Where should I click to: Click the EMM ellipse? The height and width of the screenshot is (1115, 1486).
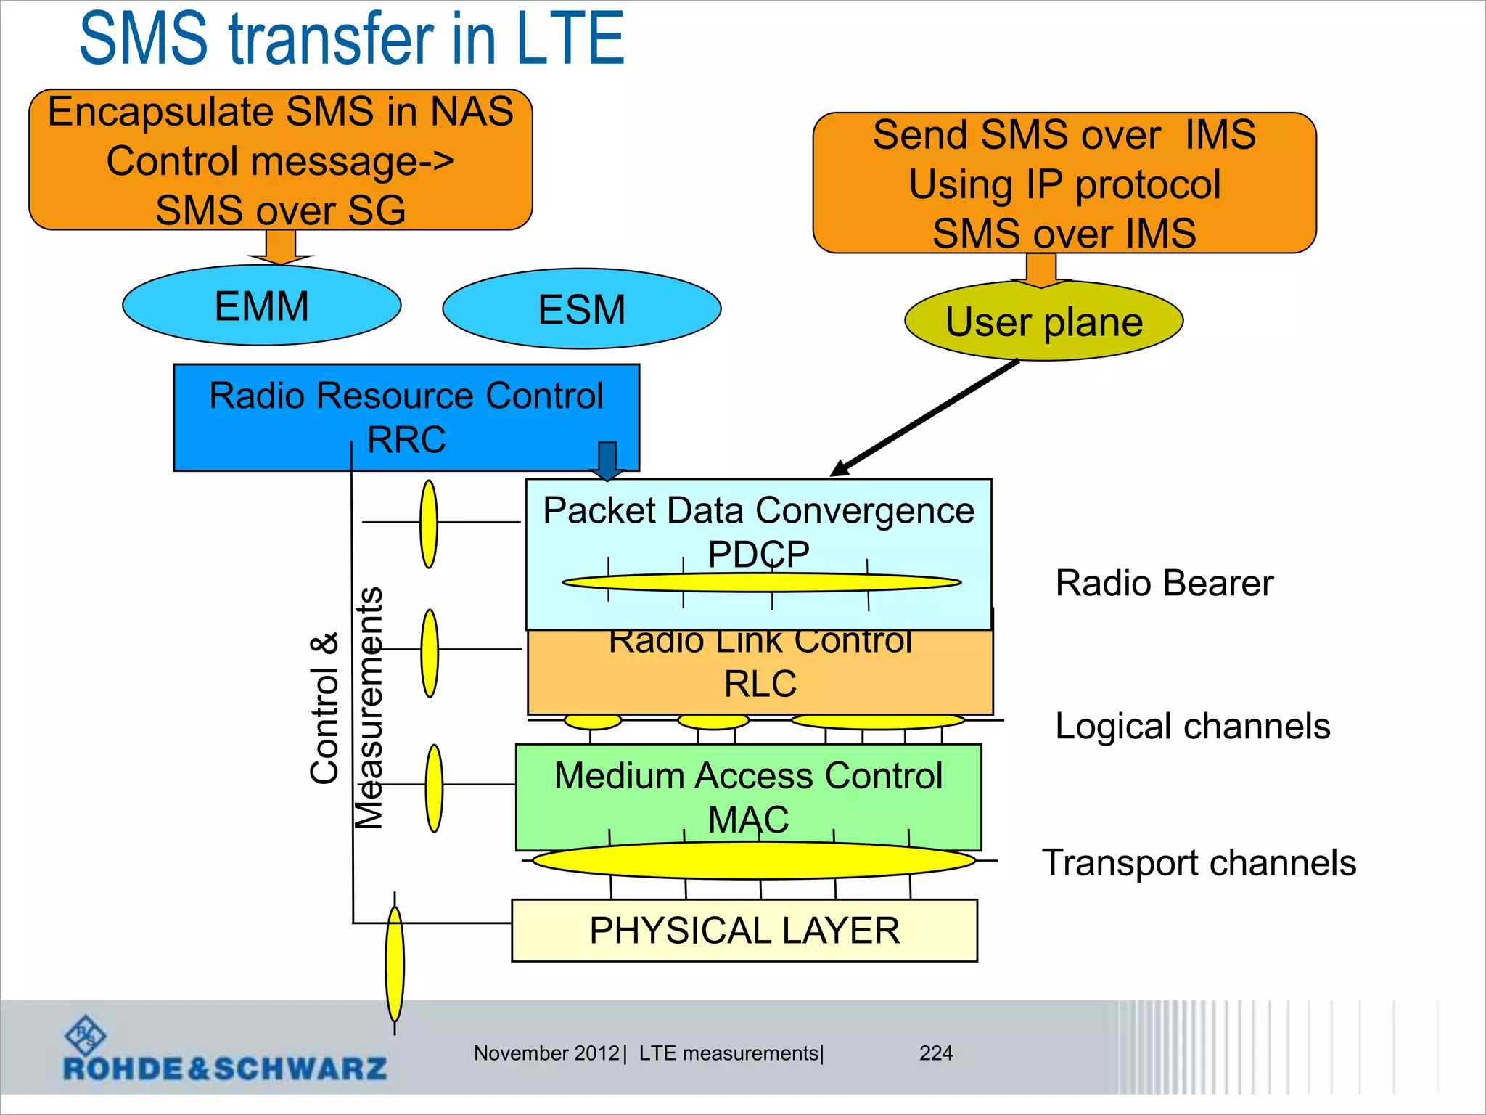[261, 306]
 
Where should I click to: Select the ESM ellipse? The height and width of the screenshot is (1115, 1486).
[581, 309]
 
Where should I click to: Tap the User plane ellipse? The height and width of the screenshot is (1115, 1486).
[1043, 322]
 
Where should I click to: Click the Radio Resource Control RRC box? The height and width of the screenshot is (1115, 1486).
[406, 417]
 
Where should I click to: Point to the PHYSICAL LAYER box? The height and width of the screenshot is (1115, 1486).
[744, 931]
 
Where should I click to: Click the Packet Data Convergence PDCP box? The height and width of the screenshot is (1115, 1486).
[758, 534]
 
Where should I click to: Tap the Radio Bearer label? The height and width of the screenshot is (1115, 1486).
[1164, 583]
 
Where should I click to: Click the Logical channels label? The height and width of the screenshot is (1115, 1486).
[1192, 726]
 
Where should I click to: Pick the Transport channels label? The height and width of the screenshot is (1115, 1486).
[1199, 862]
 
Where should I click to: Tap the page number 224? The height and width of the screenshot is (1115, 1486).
[936, 1053]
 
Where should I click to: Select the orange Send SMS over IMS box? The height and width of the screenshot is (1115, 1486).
[1064, 183]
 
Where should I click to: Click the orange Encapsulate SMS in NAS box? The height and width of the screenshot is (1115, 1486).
[280, 160]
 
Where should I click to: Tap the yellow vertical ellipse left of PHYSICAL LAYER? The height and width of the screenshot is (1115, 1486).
[395, 964]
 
